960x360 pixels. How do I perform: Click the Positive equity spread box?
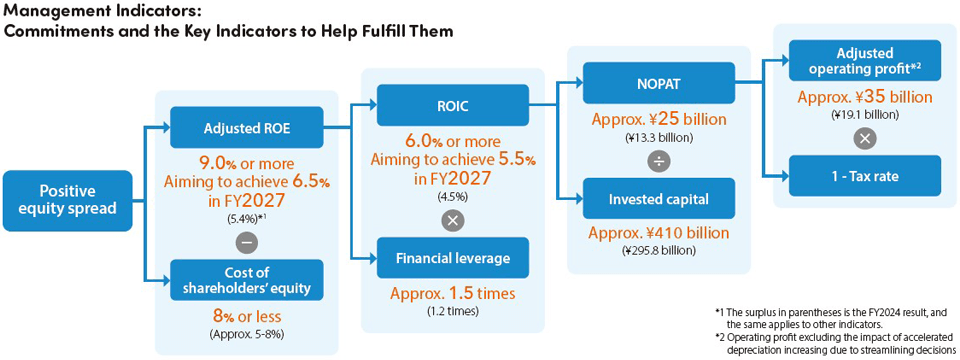point(68,200)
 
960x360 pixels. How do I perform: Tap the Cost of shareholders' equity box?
point(247,280)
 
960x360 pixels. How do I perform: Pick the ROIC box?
point(453,105)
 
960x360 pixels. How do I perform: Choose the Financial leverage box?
point(453,258)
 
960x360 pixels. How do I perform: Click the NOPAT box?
point(659,83)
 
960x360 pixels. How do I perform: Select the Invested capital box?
point(659,198)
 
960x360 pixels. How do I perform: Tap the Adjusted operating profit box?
point(864,61)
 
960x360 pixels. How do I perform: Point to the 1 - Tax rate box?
point(864,176)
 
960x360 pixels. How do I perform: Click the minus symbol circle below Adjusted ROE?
point(247,243)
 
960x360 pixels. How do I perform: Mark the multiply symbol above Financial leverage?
point(453,221)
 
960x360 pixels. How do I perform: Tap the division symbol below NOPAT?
point(659,162)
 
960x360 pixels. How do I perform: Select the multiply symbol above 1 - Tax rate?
point(864,138)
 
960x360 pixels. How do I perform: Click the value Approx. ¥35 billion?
point(864,97)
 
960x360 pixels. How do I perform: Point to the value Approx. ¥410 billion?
point(659,233)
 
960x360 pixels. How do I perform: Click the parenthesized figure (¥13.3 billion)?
point(659,138)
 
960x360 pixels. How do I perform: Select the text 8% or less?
point(247,316)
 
